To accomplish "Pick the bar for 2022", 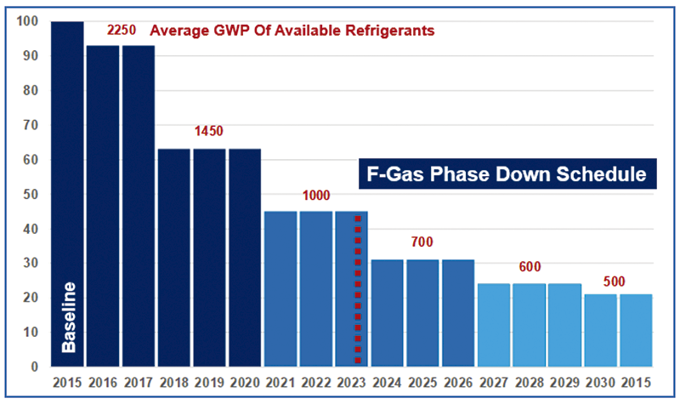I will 316,289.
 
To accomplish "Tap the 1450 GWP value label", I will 209,133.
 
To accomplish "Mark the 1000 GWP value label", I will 316,195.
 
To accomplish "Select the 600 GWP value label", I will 530,267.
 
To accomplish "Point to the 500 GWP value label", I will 618,278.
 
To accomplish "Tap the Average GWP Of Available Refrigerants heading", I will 292,31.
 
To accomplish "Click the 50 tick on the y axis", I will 31,194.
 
